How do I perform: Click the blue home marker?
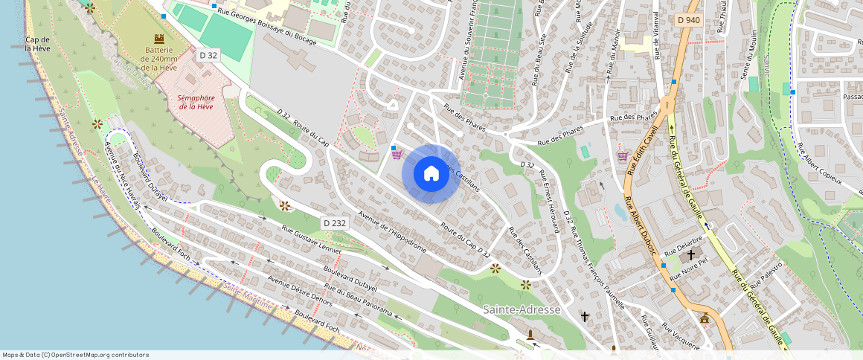(x=431, y=173)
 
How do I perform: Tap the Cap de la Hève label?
(x=37, y=44)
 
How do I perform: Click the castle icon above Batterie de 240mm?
(x=158, y=38)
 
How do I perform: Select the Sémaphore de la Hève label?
(x=196, y=102)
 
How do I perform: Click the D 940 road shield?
(x=689, y=20)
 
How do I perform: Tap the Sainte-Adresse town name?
(x=522, y=309)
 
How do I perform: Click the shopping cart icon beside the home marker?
(x=397, y=155)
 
